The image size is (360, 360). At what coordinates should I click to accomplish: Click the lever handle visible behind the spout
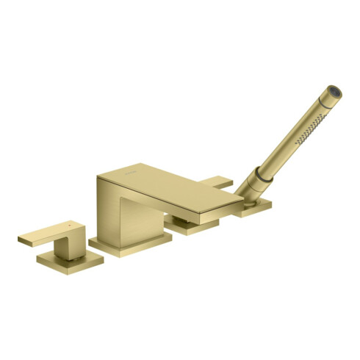(219, 182)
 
